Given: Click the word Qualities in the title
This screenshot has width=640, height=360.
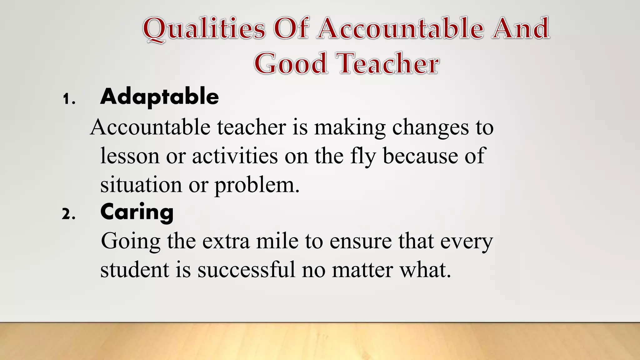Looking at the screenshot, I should point(204,29).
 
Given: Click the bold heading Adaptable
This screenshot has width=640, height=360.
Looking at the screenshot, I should point(159,97).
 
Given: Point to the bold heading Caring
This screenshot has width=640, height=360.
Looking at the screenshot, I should point(137,212).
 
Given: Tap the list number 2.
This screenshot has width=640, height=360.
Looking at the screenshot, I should point(68,215).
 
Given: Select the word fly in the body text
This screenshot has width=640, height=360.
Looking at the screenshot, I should point(363,156).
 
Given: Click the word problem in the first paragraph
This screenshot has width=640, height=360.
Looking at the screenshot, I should point(257,185).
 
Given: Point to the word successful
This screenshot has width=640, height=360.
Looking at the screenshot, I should point(246,269).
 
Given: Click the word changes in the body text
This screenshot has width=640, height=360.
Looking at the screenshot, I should point(431,127).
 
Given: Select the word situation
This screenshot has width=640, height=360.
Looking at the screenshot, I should point(141,185).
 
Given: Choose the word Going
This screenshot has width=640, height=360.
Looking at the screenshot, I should point(131,242).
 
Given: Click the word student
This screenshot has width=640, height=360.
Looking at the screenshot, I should point(134,269).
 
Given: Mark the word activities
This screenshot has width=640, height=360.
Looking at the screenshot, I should point(235,156).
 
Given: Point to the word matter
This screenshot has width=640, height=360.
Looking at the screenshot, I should point(362,269).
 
